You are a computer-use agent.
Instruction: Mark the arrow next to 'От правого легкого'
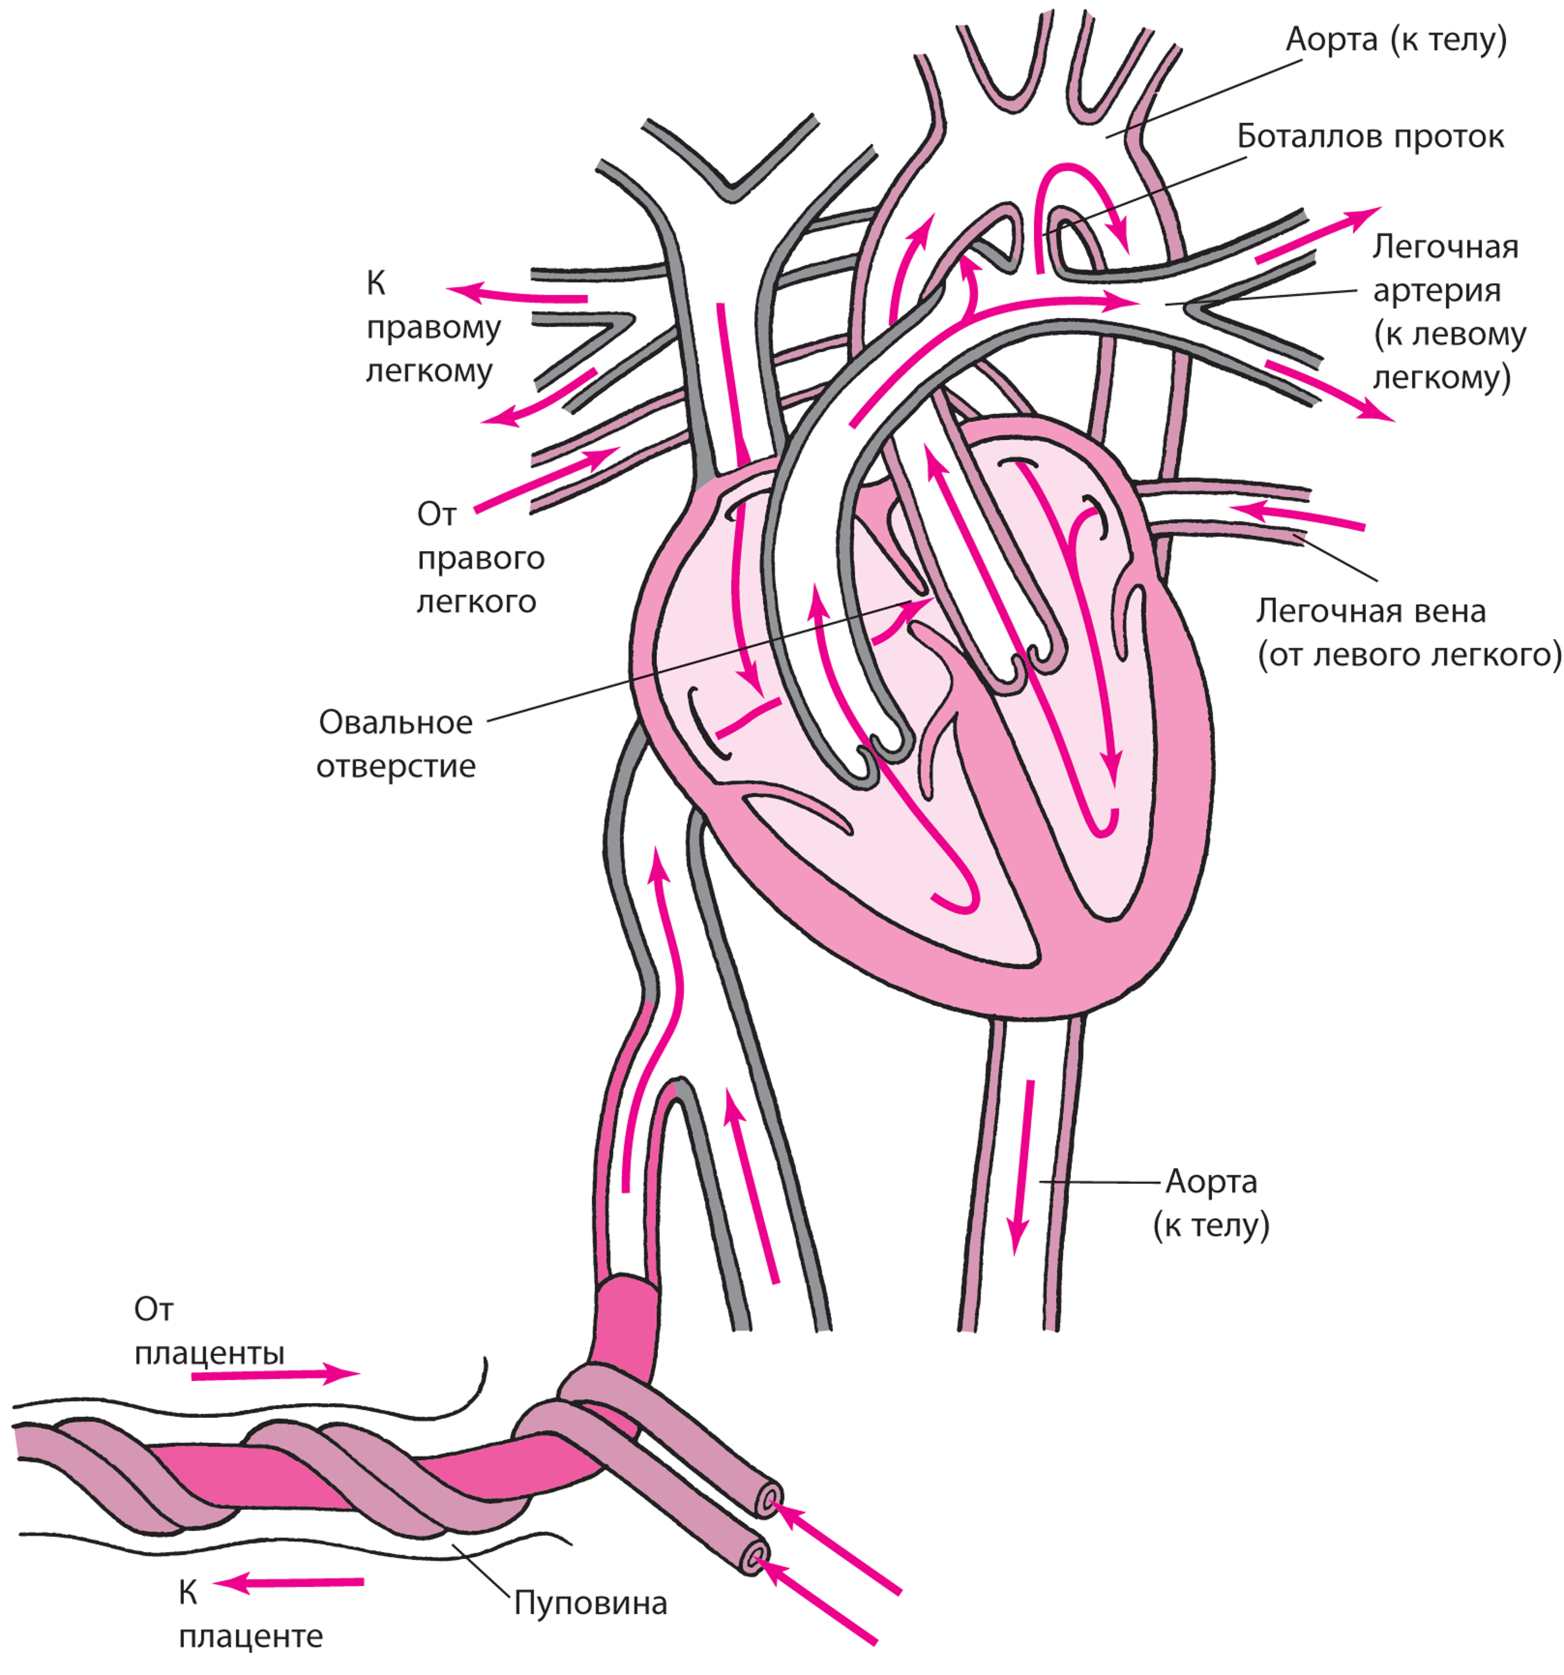(x=543, y=480)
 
